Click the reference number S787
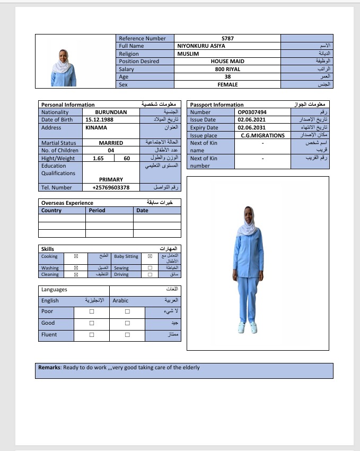click(227, 38)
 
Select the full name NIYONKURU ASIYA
click(201, 46)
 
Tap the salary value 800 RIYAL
click(227, 69)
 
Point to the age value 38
click(227, 77)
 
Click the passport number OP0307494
click(252, 112)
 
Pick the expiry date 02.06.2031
click(249, 128)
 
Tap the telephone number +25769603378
click(111, 187)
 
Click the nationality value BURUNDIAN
click(111, 112)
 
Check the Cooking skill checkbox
click(76, 256)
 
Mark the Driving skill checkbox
click(150, 275)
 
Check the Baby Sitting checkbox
click(150, 256)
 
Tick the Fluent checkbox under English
click(92, 335)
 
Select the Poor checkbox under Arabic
click(127, 311)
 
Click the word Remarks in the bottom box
click(49, 367)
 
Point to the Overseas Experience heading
click(67, 203)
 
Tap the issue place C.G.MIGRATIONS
click(262, 135)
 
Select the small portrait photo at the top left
click(63, 68)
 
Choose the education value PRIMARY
click(111, 179)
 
